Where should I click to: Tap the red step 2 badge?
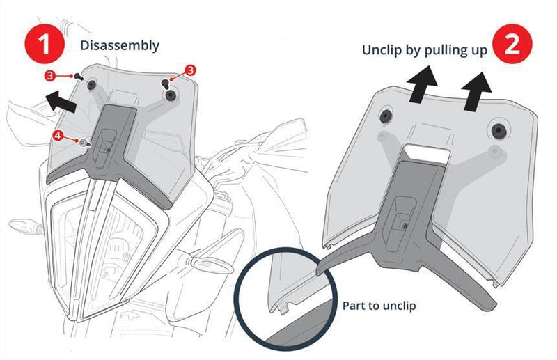click(x=511, y=45)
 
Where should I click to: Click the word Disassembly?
click(x=120, y=45)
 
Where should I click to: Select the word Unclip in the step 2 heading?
click(x=381, y=51)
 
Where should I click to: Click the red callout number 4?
click(x=57, y=136)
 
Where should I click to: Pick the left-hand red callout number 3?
click(x=51, y=75)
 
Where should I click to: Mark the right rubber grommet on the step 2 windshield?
click(x=497, y=130)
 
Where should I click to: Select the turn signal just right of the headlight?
click(x=209, y=263)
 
